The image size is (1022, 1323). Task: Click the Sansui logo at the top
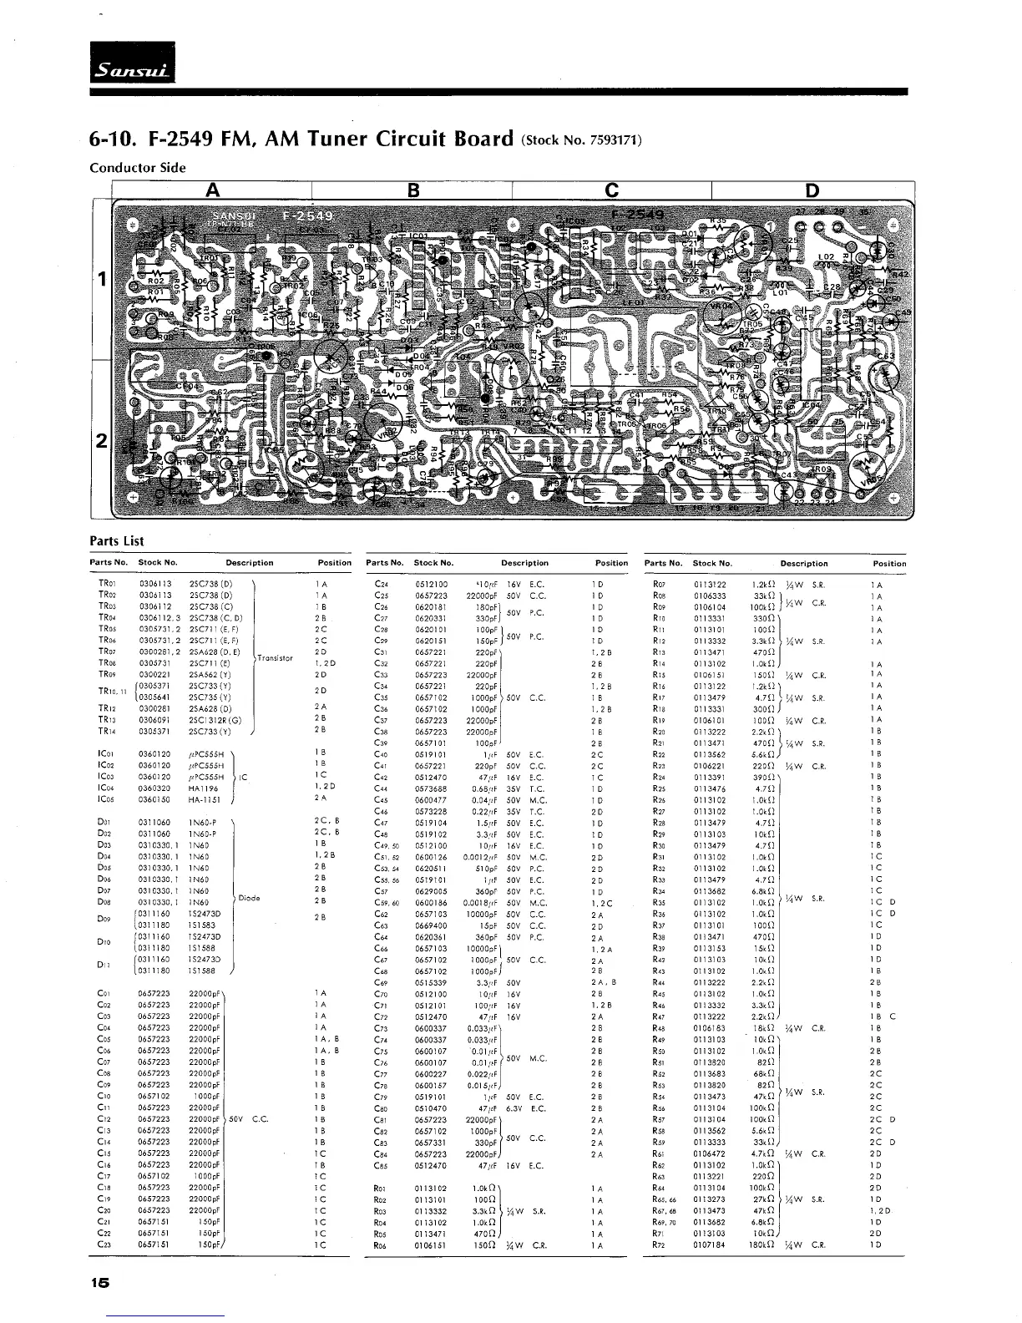[132, 63]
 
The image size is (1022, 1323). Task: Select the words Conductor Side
[137, 168]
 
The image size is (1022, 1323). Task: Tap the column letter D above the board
[812, 191]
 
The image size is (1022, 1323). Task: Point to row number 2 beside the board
[100, 440]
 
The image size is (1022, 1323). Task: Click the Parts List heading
[116, 541]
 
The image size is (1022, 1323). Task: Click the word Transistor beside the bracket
[275, 657]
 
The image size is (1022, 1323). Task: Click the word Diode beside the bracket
[249, 899]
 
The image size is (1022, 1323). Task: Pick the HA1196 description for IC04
[204, 788]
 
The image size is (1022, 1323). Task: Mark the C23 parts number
[104, 1244]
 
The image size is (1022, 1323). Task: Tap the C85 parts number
[382, 1164]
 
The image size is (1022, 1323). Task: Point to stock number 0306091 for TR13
[154, 719]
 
